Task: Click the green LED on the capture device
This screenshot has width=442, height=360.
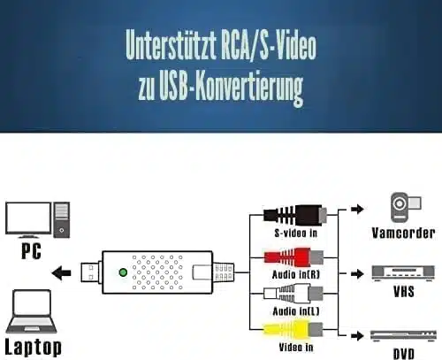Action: (x=123, y=272)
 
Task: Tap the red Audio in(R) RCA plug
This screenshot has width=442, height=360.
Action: (x=293, y=257)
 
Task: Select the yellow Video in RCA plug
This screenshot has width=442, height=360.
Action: (x=293, y=329)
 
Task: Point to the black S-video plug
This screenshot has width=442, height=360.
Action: (x=294, y=215)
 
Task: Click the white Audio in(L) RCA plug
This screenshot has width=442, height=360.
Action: (x=293, y=294)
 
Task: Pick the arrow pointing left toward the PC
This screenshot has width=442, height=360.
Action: (x=61, y=272)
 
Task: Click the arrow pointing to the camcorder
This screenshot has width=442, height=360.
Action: (x=357, y=209)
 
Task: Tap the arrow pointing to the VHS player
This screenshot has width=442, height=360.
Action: (x=357, y=273)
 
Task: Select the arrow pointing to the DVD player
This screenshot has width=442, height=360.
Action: (x=357, y=335)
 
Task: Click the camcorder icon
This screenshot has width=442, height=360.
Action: (x=406, y=207)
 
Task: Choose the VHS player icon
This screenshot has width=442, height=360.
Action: (x=403, y=273)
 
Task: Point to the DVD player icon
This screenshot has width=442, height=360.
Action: (x=403, y=336)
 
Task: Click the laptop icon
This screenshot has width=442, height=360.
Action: (x=32, y=311)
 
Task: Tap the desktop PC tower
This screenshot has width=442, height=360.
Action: (x=62, y=219)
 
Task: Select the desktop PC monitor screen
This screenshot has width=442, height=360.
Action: (x=28, y=218)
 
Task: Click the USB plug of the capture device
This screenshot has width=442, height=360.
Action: (x=91, y=272)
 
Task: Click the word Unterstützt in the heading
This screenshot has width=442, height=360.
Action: (x=171, y=45)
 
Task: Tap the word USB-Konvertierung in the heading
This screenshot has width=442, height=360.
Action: (x=231, y=88)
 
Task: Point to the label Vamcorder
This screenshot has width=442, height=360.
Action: (x=403, y=233)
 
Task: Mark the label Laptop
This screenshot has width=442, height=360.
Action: (x=34, y=348)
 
